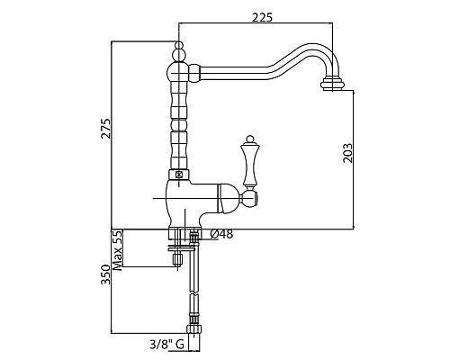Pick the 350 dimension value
(x=105, y=274)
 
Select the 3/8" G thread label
(x=166, y=343)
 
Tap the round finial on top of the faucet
(x=178, y=47)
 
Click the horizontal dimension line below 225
(x=261, y=24)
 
